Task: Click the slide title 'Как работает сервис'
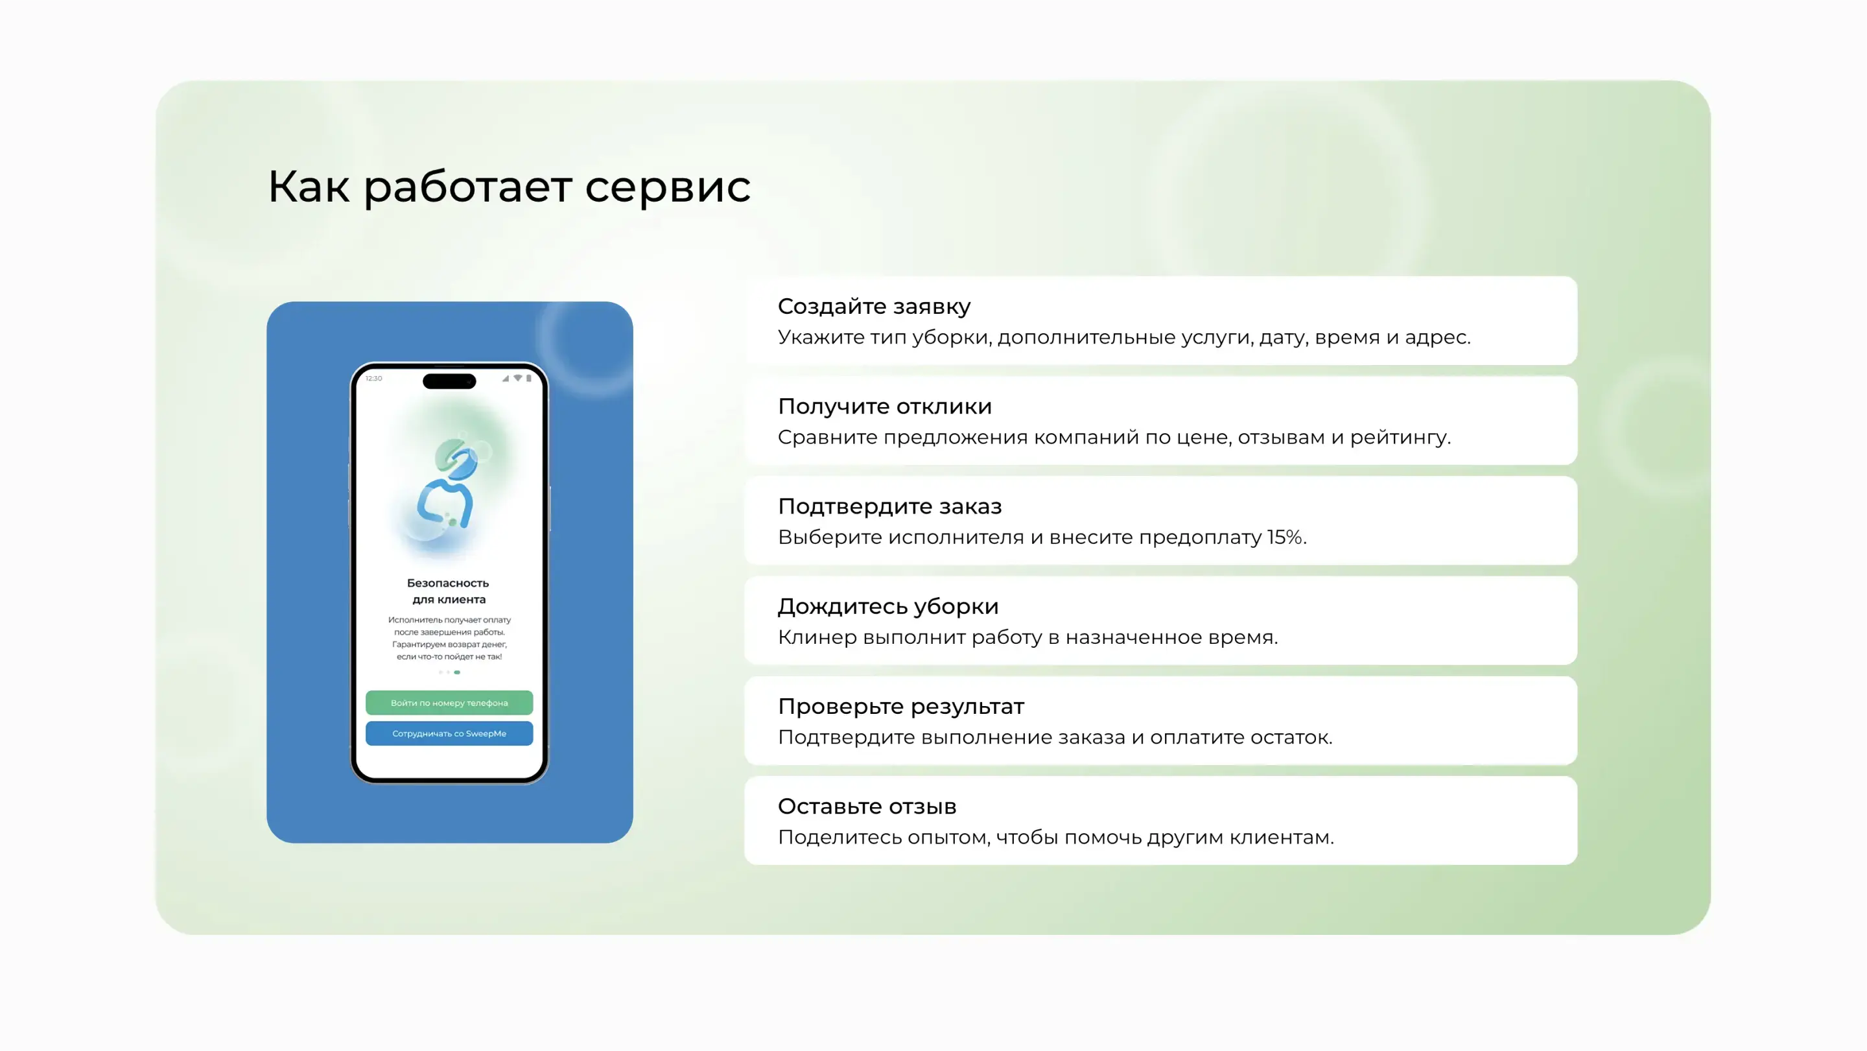pyautogui.click(x=509, y=187)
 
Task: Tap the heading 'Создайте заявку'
pyautogui.click(x=874, y=307)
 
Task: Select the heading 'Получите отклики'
pyautogui.click(x=884, y=407)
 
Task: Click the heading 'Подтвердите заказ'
pyautogui.click(x=889, y=506)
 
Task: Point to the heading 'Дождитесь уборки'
pyautogui.click(x=888, y=607)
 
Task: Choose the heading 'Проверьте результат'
pyautogui.click(x=901, y=707)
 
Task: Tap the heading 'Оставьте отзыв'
pyautogui.click(x=867, y=807)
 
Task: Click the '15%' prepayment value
pyautogui.click(x=1285, y=537)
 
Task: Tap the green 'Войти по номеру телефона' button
pyautogui.click(x=449, y=702)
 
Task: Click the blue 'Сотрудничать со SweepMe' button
pyautogui.click(x=449, y=733)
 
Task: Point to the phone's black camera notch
pyautogui.click(x=449, y=381)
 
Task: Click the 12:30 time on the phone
pyautogui.click(x=374, y=379)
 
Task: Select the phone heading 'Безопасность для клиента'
pyautogui.click(x=449, y=591)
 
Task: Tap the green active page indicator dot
pyautogui.click(x=456, y=672)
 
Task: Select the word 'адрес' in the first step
pyautogui.click(x=1437, y=338)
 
